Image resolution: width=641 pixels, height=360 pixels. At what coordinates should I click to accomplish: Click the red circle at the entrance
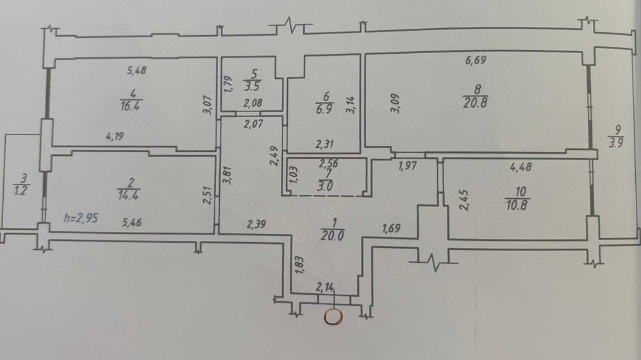(333, 317)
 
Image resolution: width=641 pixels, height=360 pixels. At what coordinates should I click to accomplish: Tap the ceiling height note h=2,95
(81, 218)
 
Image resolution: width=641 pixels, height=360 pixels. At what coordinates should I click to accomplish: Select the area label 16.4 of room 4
(131, 106)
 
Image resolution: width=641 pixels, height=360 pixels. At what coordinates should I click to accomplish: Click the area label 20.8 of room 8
(475, 102)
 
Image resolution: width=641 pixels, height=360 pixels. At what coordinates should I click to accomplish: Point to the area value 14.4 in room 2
(128, 195)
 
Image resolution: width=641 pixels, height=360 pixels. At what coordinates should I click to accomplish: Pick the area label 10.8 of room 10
(517, 205)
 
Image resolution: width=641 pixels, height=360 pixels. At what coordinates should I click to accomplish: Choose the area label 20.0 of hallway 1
(332, 236)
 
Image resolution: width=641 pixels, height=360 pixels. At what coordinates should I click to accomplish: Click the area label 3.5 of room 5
(252, 86)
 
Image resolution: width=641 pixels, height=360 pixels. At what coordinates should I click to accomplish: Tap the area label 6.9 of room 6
(324, 109)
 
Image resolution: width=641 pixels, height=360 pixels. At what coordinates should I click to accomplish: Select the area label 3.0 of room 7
(325, 186)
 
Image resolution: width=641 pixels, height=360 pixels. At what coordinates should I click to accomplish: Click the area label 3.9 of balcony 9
(615, 143)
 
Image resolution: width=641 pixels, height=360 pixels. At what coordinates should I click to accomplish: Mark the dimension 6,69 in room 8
(476, 60)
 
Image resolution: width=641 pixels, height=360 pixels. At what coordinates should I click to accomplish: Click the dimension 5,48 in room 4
(137, 70)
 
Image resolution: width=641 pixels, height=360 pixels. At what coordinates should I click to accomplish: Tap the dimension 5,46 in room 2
(131, 222)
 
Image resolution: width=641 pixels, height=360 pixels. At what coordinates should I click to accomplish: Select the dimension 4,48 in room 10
(520, 167)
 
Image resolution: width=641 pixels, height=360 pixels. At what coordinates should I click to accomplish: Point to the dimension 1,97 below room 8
(408, 166)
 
